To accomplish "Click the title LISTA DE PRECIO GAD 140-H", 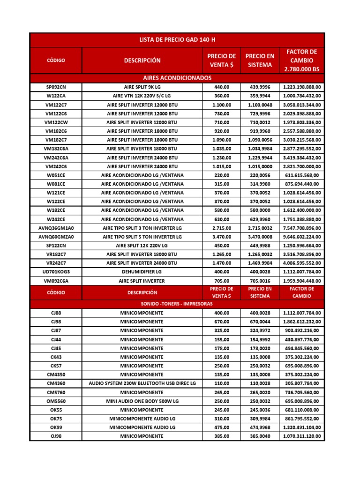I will (177, 40).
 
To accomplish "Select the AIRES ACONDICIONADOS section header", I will (177, 78).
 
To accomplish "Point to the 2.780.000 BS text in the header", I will (301, 69).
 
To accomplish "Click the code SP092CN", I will (56, 87).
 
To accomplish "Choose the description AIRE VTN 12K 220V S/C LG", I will (142, 96).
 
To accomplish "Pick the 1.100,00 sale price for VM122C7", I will (222, 105).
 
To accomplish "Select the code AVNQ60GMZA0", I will (56, 237).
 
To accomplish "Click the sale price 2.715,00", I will (222, 228).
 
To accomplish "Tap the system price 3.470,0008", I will (259, 237).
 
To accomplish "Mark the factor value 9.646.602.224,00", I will (301, 237).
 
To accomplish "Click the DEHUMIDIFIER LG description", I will (142, 272).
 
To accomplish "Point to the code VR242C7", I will (56, 263).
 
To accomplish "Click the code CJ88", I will (56, 313).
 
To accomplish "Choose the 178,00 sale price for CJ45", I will (222, 348).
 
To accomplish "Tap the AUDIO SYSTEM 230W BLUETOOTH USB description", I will (142, 383).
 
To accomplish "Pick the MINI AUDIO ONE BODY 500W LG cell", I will (142, 401).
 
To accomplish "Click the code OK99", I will (56, 427).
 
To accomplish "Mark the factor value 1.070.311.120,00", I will (301, 436).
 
